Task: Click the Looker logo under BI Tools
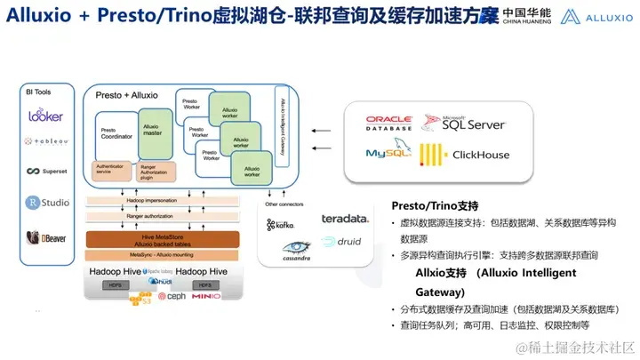click(45, 115)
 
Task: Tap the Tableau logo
click(45, 140)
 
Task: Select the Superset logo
click(46, 172)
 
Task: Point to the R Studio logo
click(47, 203)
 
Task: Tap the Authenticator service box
click(112, 169)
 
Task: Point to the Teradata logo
click(345, 218)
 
